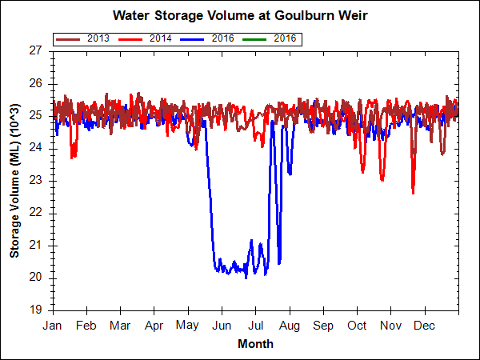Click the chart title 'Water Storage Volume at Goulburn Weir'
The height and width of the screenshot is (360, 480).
tap(240, 15)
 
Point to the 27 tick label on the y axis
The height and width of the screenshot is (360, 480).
tap(34, 50)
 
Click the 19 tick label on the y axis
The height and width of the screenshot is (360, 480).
tap(34, 310)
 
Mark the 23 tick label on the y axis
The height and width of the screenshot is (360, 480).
tap(34, 180)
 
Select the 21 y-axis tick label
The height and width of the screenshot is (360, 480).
tap(34, 245)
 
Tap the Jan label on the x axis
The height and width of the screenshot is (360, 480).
tap(53, 326)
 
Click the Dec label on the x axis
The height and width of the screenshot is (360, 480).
tap(425, 326)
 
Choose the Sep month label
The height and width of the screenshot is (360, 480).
tap(323, 326)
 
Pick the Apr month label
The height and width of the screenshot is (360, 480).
tap(154, 326)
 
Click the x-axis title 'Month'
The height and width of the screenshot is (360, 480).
tap(255, 344)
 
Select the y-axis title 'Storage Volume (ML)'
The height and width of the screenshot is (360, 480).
tap(14, 180)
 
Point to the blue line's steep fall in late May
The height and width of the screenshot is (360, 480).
tap(210, 200)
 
